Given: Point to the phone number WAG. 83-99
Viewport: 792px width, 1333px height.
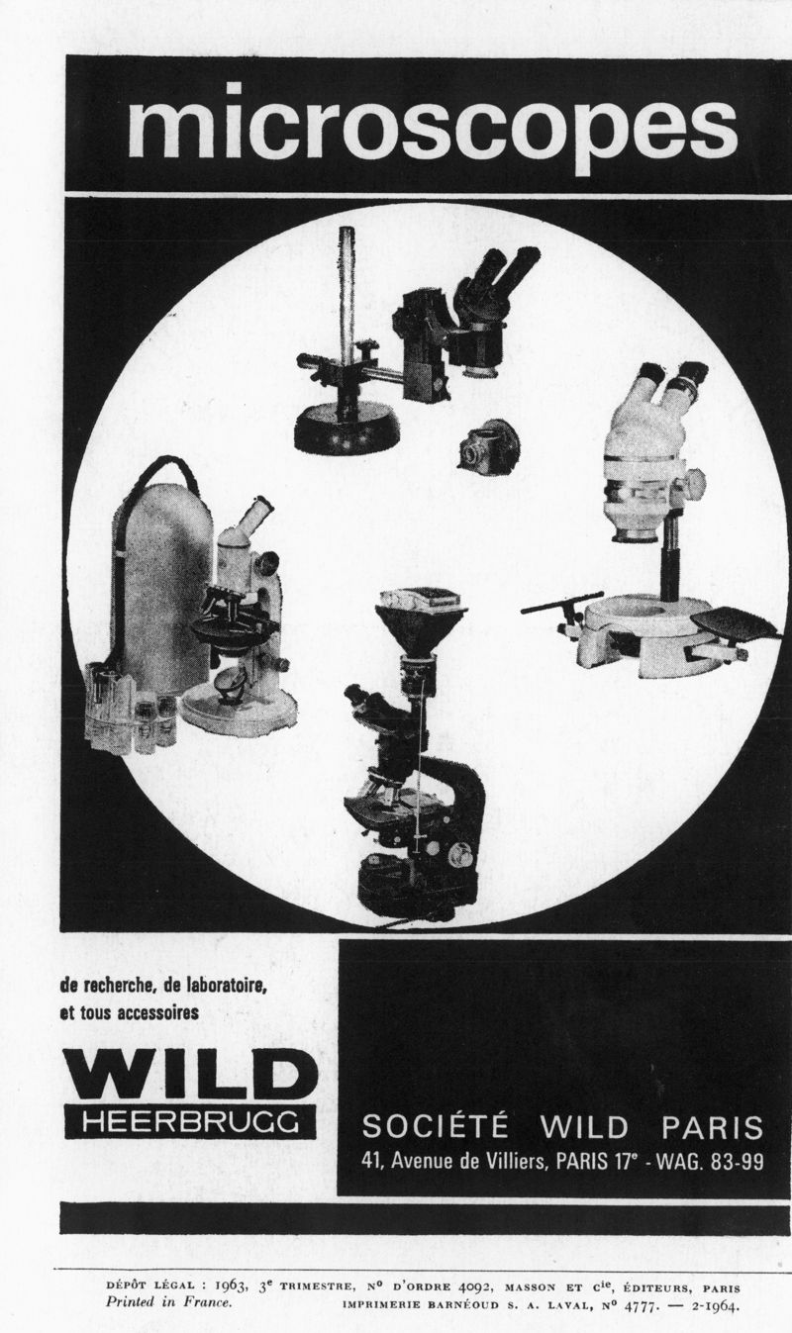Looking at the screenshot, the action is (709, 1161).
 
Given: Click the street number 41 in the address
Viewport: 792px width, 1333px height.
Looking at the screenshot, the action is (372, 1161).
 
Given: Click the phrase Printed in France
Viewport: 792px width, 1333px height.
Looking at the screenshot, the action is (168, 1301).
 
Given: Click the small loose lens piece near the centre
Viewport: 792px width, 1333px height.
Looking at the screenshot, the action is (486, 446).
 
